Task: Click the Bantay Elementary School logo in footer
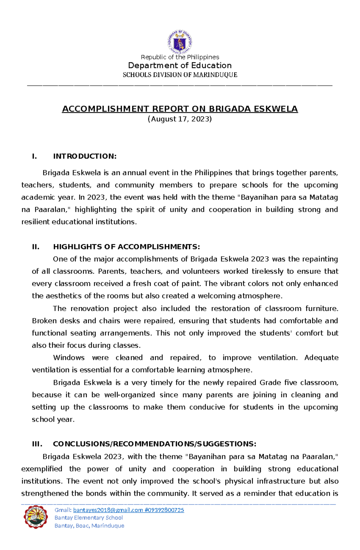36,517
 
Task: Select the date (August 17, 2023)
180,119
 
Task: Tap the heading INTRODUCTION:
85,156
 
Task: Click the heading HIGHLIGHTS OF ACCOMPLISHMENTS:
126,247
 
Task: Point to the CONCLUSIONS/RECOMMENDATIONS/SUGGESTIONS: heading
154,444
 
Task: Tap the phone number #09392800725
164,510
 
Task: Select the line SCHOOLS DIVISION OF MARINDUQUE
180,75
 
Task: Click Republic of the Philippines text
180,57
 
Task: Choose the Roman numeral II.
36,247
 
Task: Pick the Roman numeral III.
37,444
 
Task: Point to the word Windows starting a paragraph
69,358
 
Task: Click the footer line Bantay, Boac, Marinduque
89,526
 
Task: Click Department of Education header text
180,65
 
